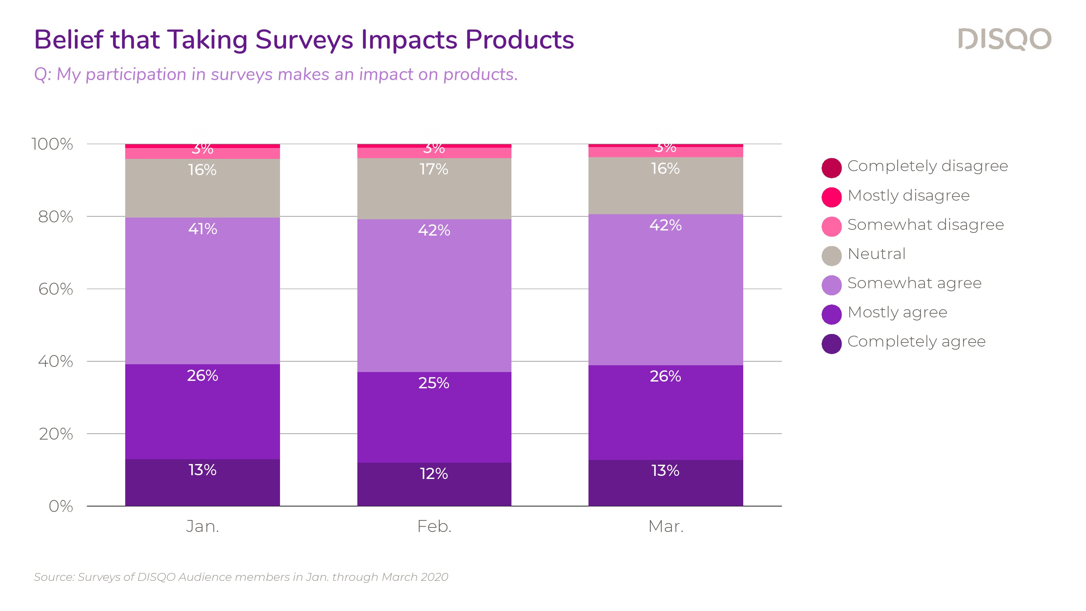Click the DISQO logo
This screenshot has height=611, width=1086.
[1004, 39]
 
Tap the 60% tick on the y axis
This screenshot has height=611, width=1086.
[55, 289]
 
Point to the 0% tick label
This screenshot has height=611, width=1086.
[61, 506]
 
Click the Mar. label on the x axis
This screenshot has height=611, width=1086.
[666, 526]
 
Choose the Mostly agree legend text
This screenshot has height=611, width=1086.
[897, 312]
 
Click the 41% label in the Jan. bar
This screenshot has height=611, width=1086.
[202, 229]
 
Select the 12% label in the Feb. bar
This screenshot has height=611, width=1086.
[434, 474]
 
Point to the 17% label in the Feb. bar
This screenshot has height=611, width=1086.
[434, 169]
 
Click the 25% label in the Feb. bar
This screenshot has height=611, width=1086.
[434, 383]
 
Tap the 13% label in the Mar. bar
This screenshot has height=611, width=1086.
[665, 470]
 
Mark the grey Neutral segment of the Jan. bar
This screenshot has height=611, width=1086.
[202, 194]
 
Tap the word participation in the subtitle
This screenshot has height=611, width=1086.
[136, 75]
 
